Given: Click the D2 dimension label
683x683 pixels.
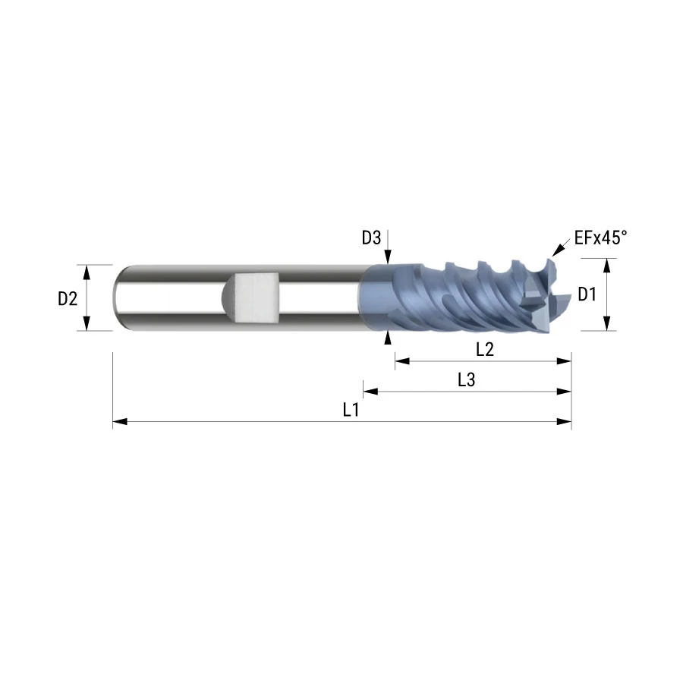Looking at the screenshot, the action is (68, 299).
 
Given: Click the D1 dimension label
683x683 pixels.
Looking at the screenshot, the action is (587, 295).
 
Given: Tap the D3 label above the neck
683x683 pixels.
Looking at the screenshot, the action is (371, 238).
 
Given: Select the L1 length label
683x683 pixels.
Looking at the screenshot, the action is (351, 410).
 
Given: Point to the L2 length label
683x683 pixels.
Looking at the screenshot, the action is (485, 349).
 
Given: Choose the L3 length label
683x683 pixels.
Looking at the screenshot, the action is (466, 380).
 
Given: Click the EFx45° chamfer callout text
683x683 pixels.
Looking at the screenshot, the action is (601, 238).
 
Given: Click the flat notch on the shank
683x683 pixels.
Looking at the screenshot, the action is (255, 298).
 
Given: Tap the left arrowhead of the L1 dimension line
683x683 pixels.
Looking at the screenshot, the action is (120, 422).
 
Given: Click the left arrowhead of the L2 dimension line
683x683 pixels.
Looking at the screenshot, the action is (402, 360).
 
